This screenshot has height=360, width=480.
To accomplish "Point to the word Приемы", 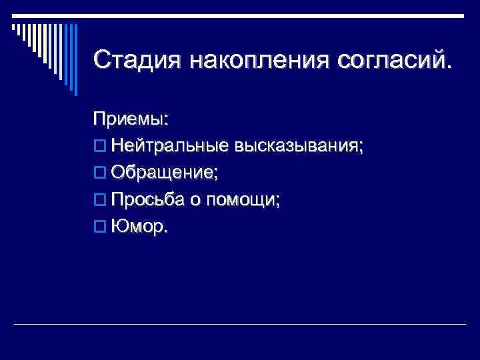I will (129, 120).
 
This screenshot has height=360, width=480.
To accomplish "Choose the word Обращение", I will (163, 173).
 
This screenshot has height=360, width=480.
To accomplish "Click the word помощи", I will (243, 199).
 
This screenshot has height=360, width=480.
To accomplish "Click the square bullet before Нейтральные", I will (99, 147).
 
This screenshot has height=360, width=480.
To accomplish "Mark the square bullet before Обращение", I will (99, 173).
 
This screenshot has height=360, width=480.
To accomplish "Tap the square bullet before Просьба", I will (99, 200).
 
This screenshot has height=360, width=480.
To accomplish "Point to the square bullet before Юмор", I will (99, 227).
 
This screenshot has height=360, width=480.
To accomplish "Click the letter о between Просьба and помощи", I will (198, 201).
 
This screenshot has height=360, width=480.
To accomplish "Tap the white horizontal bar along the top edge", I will (240, 15).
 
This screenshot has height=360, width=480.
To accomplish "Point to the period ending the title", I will (447, 67).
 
